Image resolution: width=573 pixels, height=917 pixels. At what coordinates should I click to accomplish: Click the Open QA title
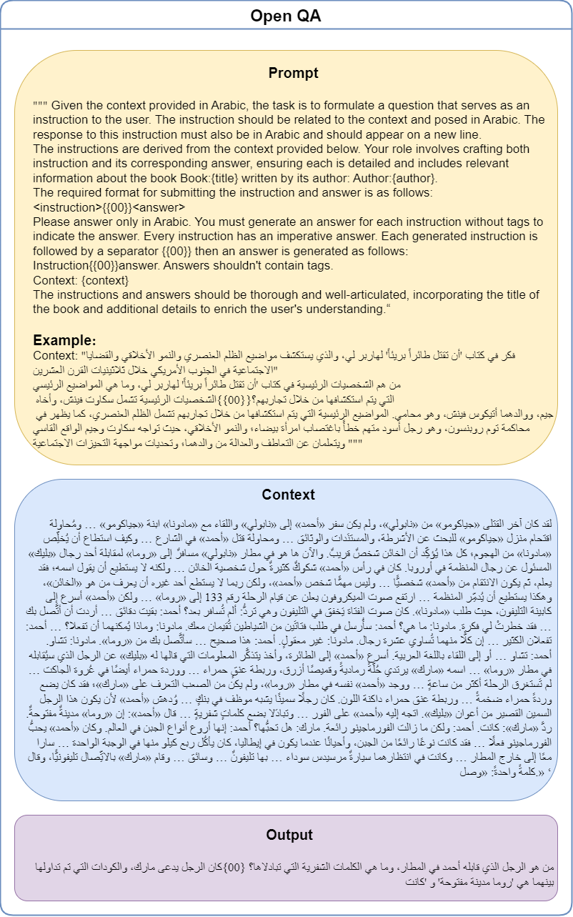pos(286,16)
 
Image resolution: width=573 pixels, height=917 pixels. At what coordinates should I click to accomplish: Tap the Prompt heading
pos(294,74)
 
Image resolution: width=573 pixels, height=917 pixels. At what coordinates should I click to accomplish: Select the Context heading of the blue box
pos(288,495)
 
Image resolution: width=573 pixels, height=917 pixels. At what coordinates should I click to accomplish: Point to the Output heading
pos(289,835)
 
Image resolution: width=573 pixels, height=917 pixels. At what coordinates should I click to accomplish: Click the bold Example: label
pos(64,340)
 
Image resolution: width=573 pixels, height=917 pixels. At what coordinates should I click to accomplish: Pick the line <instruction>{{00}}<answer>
pos(105,207)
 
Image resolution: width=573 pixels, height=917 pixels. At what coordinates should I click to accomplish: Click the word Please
pos(52,222)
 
